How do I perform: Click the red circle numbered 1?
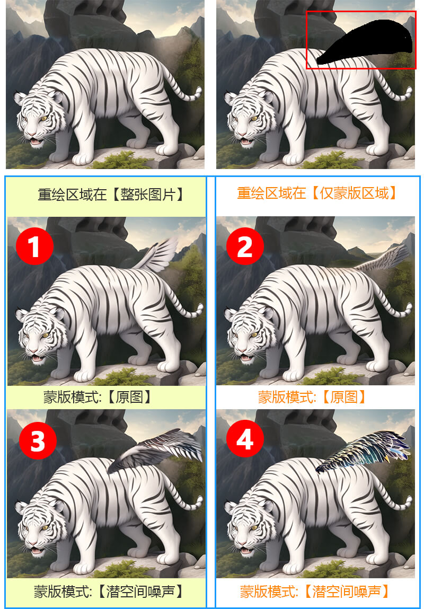pyautogui.click(x=34, y=246)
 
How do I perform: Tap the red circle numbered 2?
pyautogui.click(x=245, y=246)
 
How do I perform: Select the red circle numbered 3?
pyautogui.click(x=38, y=441)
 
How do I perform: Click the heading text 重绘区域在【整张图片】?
pyautogui.click(x=111, y=194)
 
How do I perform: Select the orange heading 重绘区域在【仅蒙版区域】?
pyautogui.click(x=317, y=192)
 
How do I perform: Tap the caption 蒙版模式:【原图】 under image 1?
pyautogui.click(x=97, y=397)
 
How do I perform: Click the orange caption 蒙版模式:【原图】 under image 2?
pyautogui.click(x=313, y=397)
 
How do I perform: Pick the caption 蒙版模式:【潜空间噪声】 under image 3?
pyautogui.click(x=108, y=591)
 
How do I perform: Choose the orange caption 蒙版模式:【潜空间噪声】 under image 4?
pyautogui.click(x=314, y=591)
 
